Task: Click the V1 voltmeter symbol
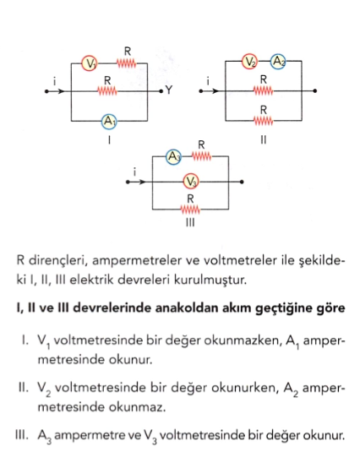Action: pos(90,63)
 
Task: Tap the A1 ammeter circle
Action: pos(109,122)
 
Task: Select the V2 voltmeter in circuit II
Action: pos(249,62)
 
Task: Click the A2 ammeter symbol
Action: pos(278,62)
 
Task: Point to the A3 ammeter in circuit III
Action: pos(173,157)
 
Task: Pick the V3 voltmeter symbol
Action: pos(191,182)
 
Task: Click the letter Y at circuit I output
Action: pos(169,90)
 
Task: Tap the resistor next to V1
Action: pos(127,63)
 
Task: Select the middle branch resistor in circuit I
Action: pos(107,91)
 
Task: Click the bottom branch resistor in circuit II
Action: pos(264,121)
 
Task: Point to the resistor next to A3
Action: pos(201,157)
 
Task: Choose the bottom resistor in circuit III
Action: pos(190,209)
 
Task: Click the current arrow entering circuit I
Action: pos(61,91)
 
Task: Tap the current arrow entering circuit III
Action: pos(141,182)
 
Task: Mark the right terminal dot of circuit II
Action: pos(314,91)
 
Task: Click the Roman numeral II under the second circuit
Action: pos(263,140)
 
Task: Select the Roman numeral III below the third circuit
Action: pos(190,222)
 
